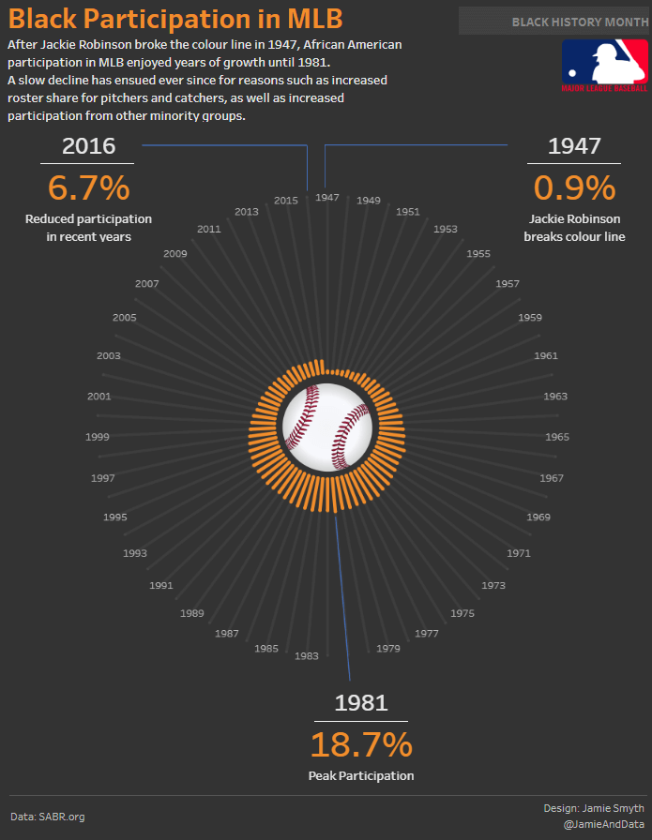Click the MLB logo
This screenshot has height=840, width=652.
[604, 66]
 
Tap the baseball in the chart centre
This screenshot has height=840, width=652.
[327, 427]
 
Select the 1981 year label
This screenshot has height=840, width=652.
[361, 703]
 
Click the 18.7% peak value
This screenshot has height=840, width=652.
[361, 744]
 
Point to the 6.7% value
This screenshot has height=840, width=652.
[88, 187]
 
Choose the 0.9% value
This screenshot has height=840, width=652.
[574, 187]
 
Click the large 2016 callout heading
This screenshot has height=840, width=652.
[88, 145]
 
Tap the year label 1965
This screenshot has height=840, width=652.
[557, 437]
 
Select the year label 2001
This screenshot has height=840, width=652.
[99, 397]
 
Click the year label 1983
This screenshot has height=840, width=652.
[307, 656]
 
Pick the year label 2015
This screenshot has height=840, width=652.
[286, 201]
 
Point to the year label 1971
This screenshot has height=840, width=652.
[519, 553]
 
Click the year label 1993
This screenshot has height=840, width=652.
[134, 553]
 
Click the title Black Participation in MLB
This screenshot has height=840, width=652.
[175, 19]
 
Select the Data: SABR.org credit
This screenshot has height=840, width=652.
[48, 817]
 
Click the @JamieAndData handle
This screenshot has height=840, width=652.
[604, 825]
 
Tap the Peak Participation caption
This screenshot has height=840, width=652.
[361, 775]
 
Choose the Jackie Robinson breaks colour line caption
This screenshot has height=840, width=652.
[574, 228]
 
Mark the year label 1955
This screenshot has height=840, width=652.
[478, 254]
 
